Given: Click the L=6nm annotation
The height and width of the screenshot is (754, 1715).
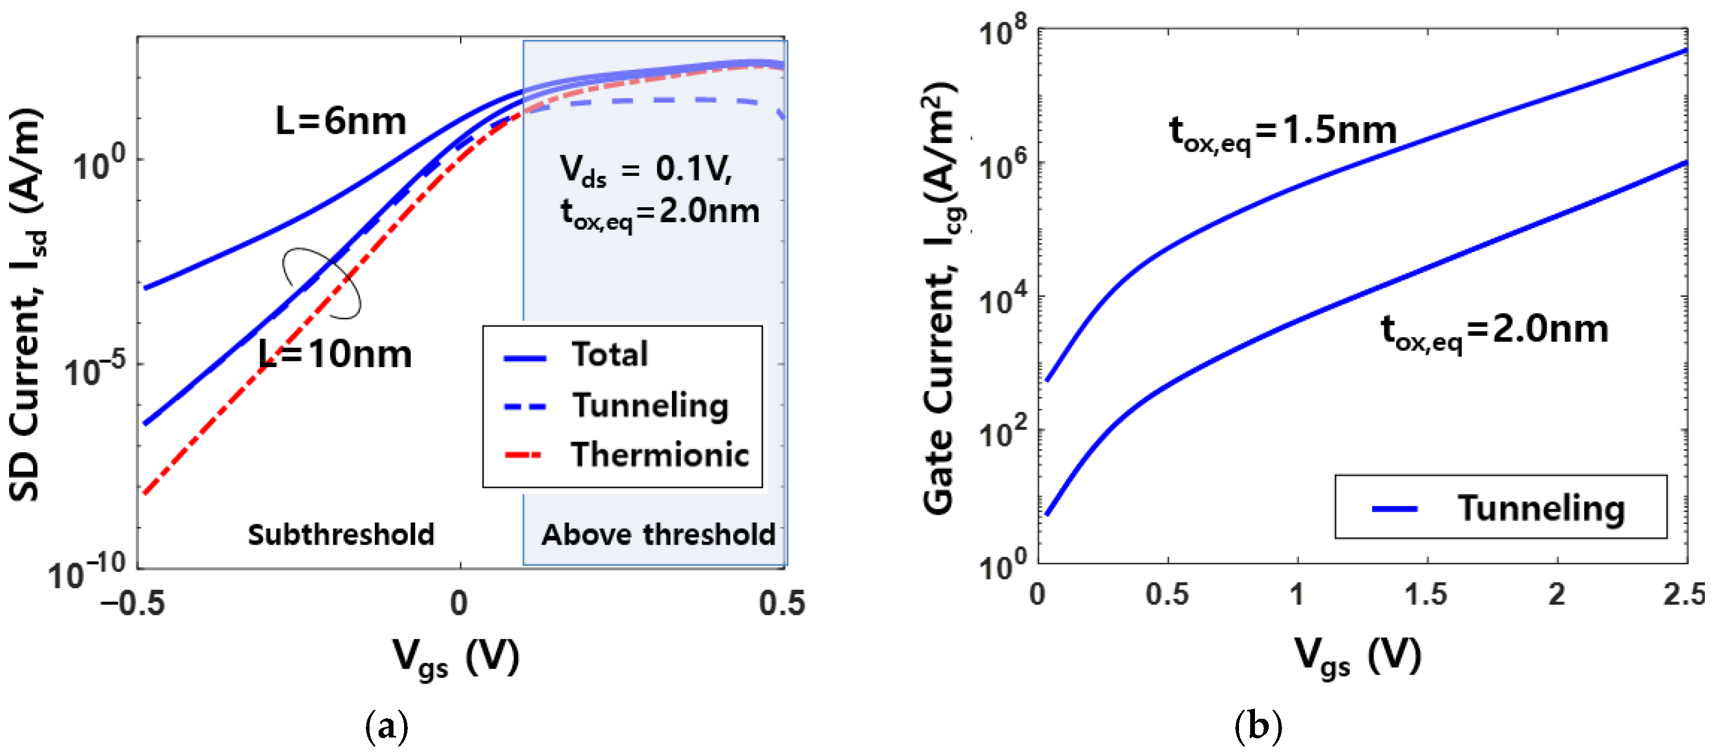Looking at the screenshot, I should [340, 122].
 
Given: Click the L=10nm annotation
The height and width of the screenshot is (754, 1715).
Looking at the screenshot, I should [335, 354].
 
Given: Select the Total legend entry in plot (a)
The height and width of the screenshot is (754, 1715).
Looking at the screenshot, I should [609, 354].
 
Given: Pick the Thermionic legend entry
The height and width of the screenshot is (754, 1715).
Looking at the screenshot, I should [659, 456].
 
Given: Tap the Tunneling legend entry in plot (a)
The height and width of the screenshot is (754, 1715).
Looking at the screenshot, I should [650, 406].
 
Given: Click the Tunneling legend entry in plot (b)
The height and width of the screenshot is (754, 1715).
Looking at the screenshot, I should [1540, 509].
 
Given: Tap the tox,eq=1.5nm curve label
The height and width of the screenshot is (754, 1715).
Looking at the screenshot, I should [1282, 131].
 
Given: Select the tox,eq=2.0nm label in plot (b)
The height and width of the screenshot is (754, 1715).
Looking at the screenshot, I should [1494, 331].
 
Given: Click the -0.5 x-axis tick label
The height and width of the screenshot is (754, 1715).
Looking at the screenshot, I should [132, 603].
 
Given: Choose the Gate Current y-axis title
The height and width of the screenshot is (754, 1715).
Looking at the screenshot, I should [941, 298].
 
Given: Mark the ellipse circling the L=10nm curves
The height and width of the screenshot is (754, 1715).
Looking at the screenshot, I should [322, 283].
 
